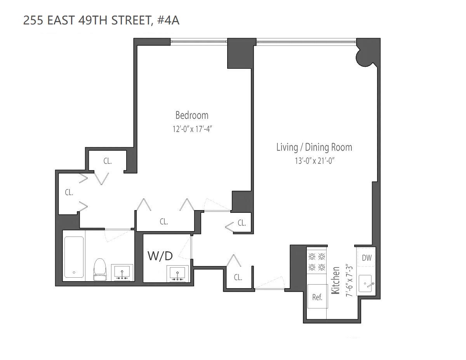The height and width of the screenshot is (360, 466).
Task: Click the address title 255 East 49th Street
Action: click(101, 21)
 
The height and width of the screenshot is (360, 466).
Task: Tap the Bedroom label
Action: click(192, 115)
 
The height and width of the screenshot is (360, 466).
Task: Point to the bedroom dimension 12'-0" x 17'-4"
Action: click(192, 129)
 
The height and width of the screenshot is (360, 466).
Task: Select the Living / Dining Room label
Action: click(314, 147)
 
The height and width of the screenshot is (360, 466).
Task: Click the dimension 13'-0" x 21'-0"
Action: click(314, 160)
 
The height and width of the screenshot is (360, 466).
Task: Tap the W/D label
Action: click(160, 256)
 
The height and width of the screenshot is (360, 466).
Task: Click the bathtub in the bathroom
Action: click(74, 257)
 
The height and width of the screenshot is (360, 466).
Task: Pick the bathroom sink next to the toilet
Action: click(122, 272)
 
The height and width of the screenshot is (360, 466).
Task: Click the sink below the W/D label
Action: click(178, 273)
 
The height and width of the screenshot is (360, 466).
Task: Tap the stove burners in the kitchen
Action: click(316, 261)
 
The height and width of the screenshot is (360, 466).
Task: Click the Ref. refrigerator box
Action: click(317, 297)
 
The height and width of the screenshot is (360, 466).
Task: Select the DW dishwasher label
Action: click(366, 258)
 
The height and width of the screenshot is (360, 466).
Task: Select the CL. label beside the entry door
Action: click(238, 277)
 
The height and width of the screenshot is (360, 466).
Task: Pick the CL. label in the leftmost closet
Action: click(69, 192)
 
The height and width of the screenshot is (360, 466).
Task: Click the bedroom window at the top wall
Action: click(198, 40)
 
